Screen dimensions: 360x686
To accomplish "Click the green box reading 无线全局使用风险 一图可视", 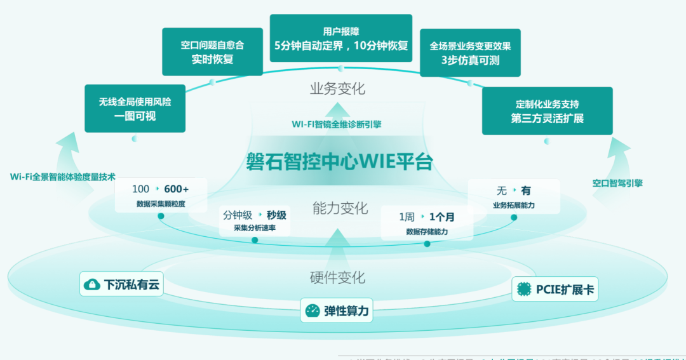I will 135,109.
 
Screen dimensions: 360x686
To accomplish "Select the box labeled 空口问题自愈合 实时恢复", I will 212,52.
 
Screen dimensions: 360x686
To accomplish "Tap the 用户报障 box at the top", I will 340,38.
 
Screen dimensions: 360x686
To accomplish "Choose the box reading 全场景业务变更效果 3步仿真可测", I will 470,53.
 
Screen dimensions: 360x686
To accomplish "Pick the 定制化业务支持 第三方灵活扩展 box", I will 547,111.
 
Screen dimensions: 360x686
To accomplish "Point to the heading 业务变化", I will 337,89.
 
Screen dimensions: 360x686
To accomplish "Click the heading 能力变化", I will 340,208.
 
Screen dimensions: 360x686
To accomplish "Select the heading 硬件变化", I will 337,277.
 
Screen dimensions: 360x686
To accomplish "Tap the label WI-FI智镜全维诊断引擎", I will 337,124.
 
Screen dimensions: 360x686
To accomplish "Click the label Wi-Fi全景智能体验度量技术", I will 63,177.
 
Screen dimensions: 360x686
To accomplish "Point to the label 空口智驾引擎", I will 617,183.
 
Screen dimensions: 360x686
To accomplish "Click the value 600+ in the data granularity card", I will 176,189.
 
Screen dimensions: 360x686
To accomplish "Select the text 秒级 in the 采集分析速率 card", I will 276,215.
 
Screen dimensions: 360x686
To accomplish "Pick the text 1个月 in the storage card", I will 441,217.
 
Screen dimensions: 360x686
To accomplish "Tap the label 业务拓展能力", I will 513,205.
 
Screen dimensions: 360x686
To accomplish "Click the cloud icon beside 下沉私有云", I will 92,285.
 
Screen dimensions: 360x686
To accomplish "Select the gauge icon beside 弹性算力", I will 312,310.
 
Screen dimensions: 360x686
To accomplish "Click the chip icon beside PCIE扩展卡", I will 524,290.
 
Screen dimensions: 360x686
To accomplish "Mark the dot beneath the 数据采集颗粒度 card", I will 161,216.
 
